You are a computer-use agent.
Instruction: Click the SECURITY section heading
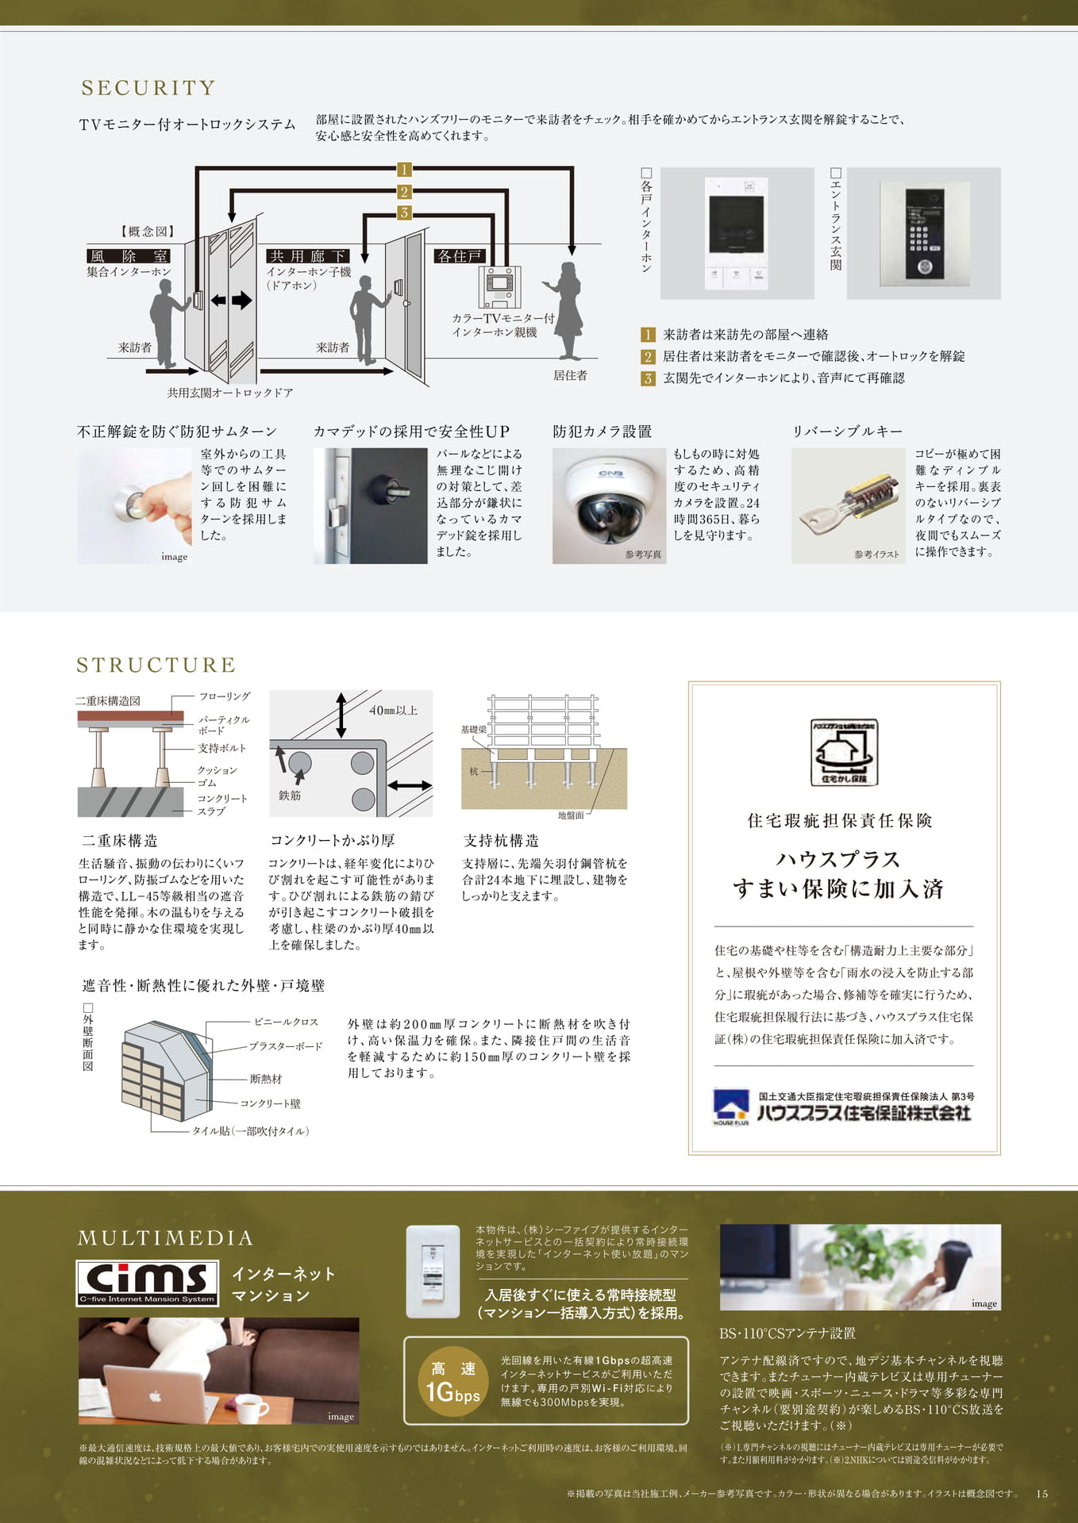coord(148,88)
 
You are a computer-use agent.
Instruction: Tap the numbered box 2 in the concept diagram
coord(404,191)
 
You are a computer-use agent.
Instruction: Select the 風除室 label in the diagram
coord(129,256)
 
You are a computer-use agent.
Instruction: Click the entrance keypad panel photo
coord(924,233)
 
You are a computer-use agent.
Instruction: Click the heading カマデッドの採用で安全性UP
coord(411,432)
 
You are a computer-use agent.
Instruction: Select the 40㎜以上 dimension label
coord(394,710)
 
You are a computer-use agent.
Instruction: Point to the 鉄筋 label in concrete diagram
coord(290,795)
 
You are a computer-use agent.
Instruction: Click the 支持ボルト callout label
coord(222,748)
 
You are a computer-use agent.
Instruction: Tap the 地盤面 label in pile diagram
coord(571,815)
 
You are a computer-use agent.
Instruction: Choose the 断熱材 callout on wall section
coord(266,1079)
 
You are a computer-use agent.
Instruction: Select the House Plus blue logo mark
coord(731,1106)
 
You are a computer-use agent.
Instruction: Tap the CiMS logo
coord(148,1283)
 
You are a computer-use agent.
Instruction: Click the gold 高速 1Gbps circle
coord(452,1382)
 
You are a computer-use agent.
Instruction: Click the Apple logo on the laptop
coord(156,1395)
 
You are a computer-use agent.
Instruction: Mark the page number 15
coord(1042,1494)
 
